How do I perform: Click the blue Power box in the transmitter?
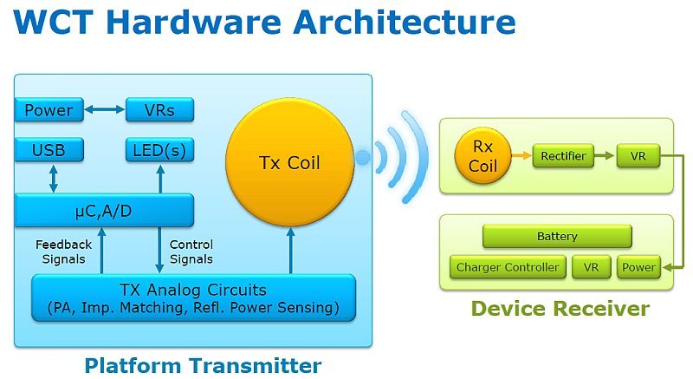(x=49, y=110)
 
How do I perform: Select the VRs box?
(x=160, y=110)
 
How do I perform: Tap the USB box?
(x=49, y=150)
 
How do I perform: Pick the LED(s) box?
(x=160, y=150)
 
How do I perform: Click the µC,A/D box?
(x=104, y=210)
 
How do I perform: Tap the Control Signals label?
(x=191, y=252)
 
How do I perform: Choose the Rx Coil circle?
(x=483, y=157)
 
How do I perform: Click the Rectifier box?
(x=563, y=157)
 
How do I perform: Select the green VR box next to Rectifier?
(x=638, y=157)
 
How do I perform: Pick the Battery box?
(x=557, y=236)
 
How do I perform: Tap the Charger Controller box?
(x=508, y=267)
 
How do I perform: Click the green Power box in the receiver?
(x=639, y=267)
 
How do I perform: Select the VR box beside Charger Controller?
(x=592, y=267)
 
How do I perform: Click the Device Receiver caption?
(x=560, y=308)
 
